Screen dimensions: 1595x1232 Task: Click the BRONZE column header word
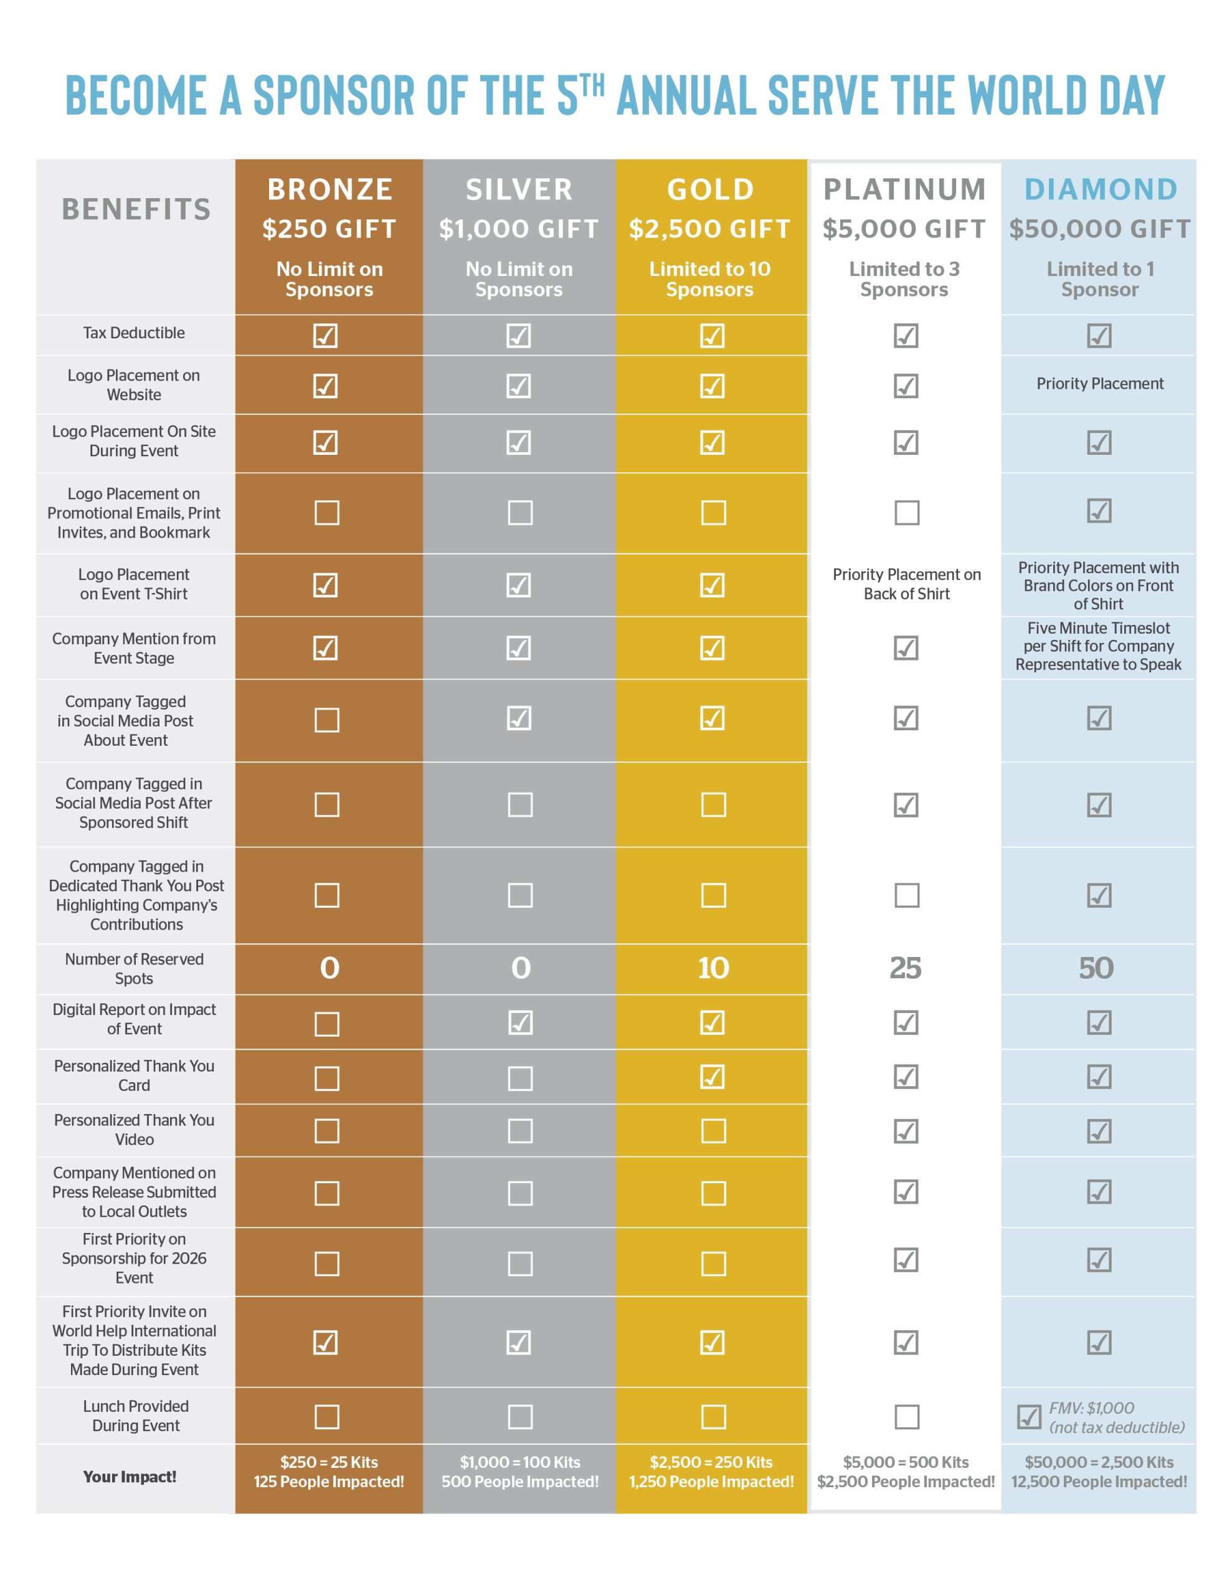point(329,190)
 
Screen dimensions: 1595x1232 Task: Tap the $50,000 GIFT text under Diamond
point(1099,229)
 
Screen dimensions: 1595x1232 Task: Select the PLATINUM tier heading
point(904,190)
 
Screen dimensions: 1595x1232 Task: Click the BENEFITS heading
point(136,209)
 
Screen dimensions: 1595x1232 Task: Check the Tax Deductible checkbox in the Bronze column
point(326,336)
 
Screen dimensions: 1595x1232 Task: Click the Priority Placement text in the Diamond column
point(1099,384)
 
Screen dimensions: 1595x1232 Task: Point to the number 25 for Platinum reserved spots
point(905,968)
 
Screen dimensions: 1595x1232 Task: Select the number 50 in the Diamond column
point(1096,968)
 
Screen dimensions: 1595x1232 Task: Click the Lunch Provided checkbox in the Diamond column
point(1029,1417)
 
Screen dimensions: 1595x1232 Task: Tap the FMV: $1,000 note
point(1091,1408)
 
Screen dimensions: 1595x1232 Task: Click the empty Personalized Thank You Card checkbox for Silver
point(520,1078)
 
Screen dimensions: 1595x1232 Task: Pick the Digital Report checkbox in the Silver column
point(520,1023)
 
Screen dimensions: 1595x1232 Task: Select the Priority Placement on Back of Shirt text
point(906,584)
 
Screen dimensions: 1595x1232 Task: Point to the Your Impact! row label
point(130,1477)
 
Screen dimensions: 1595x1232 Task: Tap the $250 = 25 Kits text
point(329,1462)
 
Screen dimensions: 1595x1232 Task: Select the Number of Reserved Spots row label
point(135,968)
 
